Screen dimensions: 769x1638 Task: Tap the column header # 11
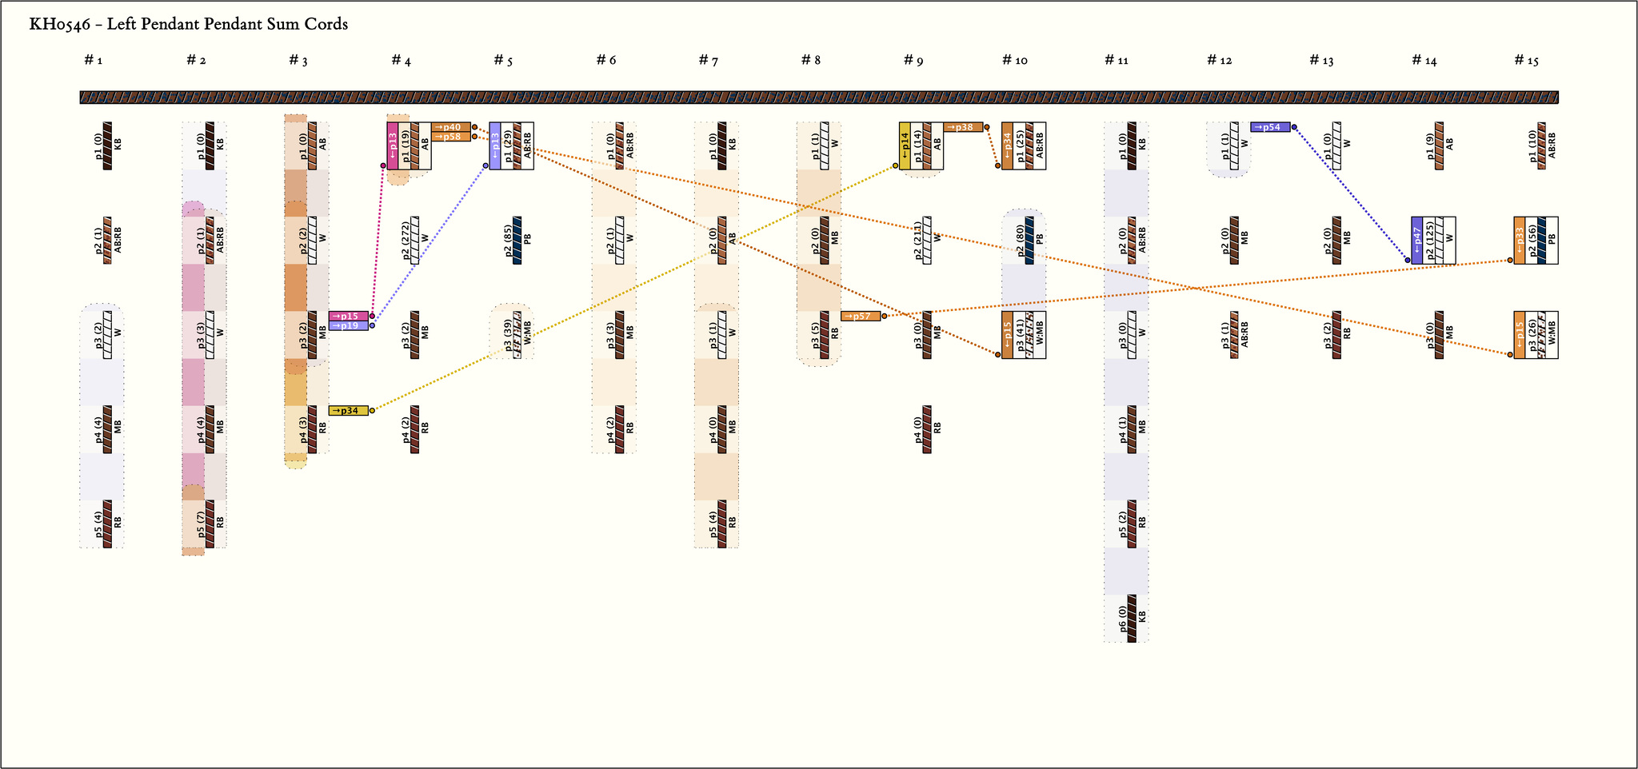click(x=1117, y=61)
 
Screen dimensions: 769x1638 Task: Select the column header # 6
click(x=606, y=61)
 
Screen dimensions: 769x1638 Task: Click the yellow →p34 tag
click(x=349, y=411)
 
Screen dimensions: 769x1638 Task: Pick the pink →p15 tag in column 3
click(x=349, y=316)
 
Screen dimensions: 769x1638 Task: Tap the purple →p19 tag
click(x=349, y=325)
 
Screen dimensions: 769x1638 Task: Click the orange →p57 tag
click(x=861, y=317)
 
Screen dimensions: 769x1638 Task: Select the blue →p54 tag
click(x=1270, y=127)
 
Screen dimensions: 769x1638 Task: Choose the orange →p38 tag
click(x=963, y=127)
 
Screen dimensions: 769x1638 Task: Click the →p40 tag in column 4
click(x=450, y=127)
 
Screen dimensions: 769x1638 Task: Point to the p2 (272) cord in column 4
click(x=415, y=240)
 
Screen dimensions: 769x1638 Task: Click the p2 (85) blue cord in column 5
click(x=517, y=240)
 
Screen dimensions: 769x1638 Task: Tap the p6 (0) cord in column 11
click(x=1132, y=618)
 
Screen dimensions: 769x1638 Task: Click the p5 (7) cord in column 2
click(x=210, y=524)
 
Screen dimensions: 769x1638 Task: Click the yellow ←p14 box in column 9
click(x=905, y=145)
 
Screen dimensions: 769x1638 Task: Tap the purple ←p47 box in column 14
click(x=1416, y=240)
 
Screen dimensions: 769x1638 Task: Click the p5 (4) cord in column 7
click(x=722, y=524)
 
